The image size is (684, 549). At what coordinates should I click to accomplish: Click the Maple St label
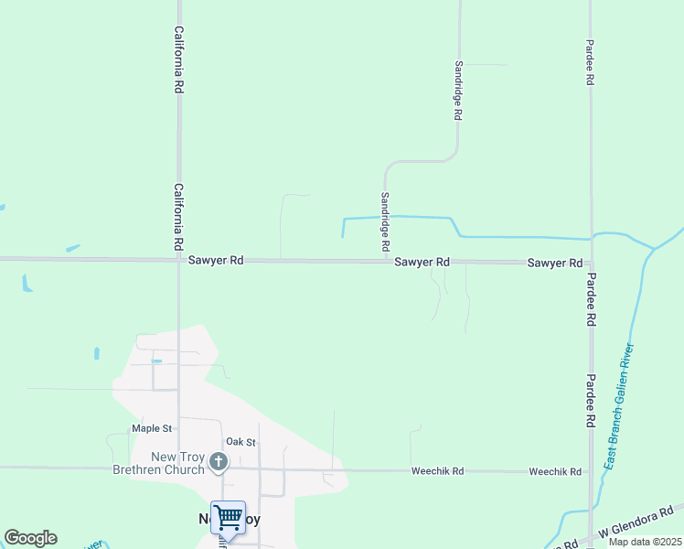coord(152,428)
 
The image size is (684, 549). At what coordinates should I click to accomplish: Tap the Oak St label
coord(240,442)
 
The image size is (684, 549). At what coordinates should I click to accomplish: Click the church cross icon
coord(219,462)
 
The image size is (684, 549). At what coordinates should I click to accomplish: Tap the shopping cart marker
coord(228,518)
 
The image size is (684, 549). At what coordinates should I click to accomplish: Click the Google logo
coord(30,538)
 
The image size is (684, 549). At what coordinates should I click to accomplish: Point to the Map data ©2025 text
coord(645,542)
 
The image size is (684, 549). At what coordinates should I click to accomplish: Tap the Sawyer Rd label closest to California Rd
coord(216,261)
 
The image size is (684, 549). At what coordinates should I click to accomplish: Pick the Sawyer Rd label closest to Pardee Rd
coord(554,263)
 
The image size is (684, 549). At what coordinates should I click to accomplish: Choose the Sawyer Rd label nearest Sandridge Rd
coord(422,262)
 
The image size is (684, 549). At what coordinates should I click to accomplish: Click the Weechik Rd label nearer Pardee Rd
coord(555,471)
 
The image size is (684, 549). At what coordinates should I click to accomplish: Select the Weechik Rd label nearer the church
coord(437,471)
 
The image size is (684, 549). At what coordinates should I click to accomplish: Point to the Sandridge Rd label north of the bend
coord(458,91)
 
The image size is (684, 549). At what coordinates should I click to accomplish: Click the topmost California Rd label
coord(180,60)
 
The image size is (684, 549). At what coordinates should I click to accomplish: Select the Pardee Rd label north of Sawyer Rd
coord(590,62)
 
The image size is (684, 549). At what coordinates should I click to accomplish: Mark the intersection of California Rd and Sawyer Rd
coord(179,260)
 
